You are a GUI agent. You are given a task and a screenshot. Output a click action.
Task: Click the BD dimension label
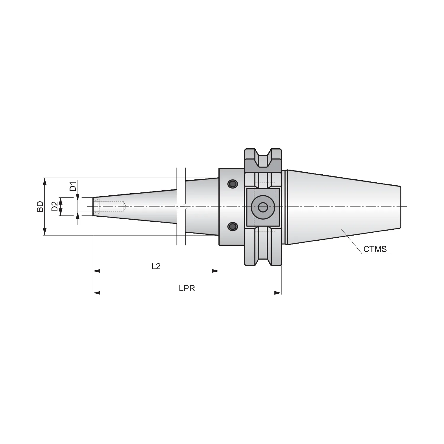40,206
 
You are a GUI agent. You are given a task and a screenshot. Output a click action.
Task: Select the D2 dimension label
54,207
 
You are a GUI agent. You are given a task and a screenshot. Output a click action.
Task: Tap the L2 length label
156,266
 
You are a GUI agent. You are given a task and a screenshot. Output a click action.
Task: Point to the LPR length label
187,288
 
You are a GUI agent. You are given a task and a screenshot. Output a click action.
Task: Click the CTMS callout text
375,249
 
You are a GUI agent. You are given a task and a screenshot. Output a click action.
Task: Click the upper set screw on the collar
233,184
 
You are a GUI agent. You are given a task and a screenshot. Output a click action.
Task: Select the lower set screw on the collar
233,227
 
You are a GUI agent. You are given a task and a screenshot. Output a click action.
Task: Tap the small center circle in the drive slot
262,207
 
